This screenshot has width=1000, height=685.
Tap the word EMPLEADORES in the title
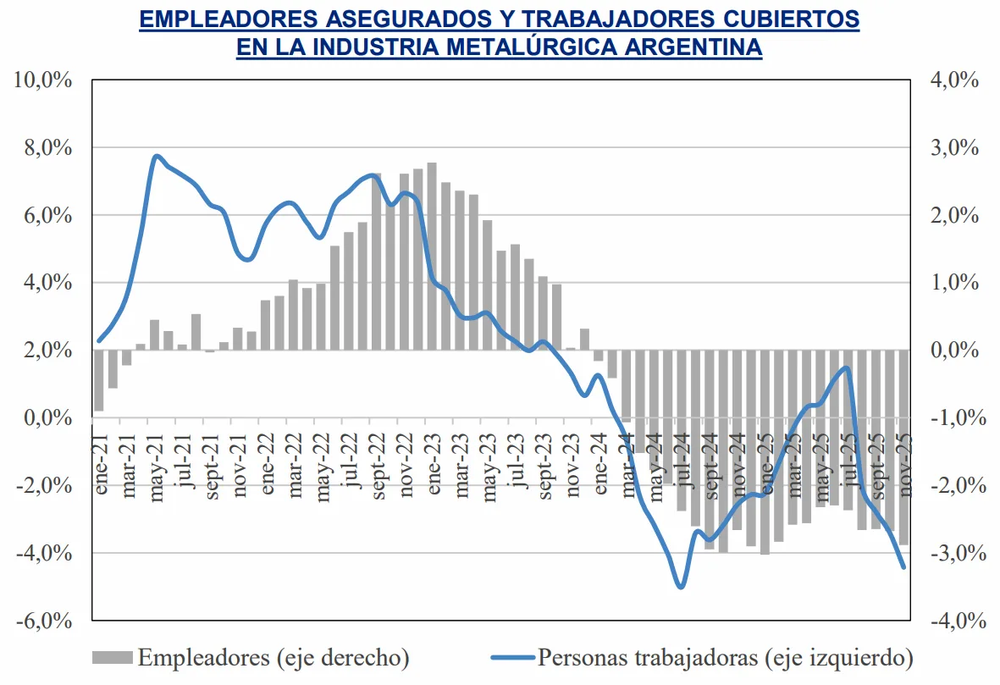pos(226,19)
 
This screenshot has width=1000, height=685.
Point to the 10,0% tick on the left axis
pos(41,80)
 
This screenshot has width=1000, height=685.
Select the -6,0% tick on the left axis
pos(42,621)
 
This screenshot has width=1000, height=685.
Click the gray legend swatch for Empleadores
pos(111,657)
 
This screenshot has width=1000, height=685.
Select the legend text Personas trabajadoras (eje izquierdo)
pos(726,657)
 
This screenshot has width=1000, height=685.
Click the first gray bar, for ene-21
pos(98,380)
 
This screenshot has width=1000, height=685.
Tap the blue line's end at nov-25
pos(903,567)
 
